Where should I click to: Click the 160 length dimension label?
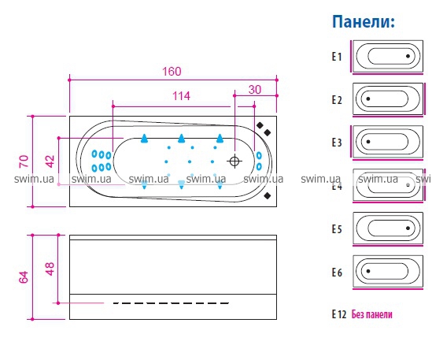pyautogui.click(x=172, y=72)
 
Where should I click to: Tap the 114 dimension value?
pyautogui.click(x=181, y=96)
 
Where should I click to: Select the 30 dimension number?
pyautogui.click(x=255, y=90)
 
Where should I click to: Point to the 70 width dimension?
pyautogui.click(x=24, y=161)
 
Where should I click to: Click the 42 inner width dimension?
pyautogui.click(x=50, y=161)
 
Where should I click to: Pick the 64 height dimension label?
pyautogui.click(x=24, y=277)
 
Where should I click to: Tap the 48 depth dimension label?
pyautogui.click(x=50, y=269)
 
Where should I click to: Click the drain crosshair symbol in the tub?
pyautogui.click(x=234, y=161)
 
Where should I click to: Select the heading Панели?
pyautogui.click(x=364, y=21)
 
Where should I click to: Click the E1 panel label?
pyautogui.click(x=337, y=57)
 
